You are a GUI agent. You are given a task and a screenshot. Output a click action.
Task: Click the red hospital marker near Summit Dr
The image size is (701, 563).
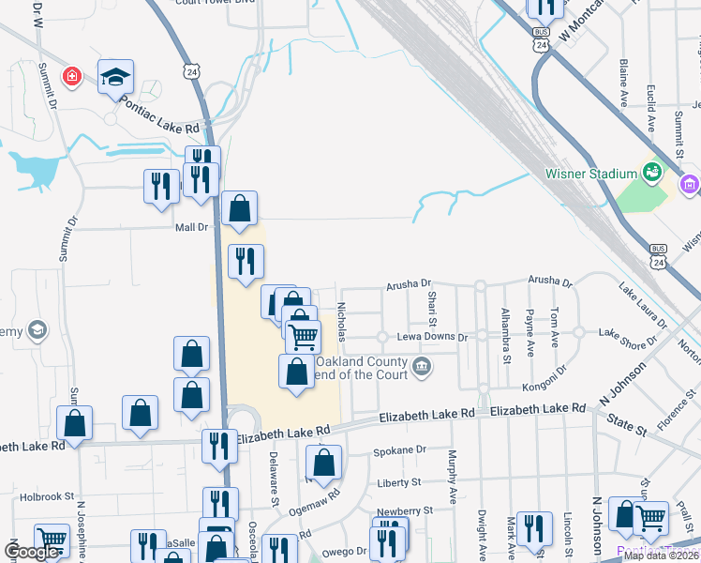click(71, 75)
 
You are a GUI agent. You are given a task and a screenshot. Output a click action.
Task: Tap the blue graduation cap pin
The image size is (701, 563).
click(115, 77)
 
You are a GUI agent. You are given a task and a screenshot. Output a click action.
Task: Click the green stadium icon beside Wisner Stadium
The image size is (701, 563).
click(650, 172)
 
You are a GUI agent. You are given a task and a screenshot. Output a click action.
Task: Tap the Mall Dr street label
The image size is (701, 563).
click(190, 227)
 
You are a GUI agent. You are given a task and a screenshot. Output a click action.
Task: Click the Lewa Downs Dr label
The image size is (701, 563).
click(435, 336)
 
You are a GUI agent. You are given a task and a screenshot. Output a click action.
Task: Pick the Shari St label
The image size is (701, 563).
click(432, 303)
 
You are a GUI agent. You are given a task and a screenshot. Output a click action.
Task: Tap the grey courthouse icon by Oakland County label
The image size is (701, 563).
click(422, 365)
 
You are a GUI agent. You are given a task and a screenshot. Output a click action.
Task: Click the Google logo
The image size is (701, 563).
click(31, 552)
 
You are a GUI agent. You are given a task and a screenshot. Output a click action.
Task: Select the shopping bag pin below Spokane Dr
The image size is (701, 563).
click(323, 463)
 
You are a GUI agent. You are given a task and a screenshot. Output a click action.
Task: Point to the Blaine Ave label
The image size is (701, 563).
click(623, 83)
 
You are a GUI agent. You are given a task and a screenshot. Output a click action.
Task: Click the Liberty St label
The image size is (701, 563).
click(397, 482)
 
